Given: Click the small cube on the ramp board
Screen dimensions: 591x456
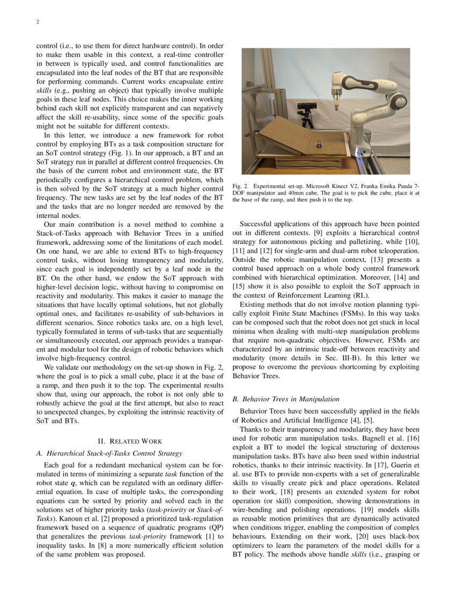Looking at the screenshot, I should pyautogui.click(x=319, y=143).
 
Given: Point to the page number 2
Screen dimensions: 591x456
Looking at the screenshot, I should pyautogui.click(x=38, y=22).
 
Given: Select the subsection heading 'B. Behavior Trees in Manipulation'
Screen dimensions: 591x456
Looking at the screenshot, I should pyautogui.click(x=286, y=399).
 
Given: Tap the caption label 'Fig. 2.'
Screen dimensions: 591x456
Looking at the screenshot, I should pyautogui.click(x=241, y=186).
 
